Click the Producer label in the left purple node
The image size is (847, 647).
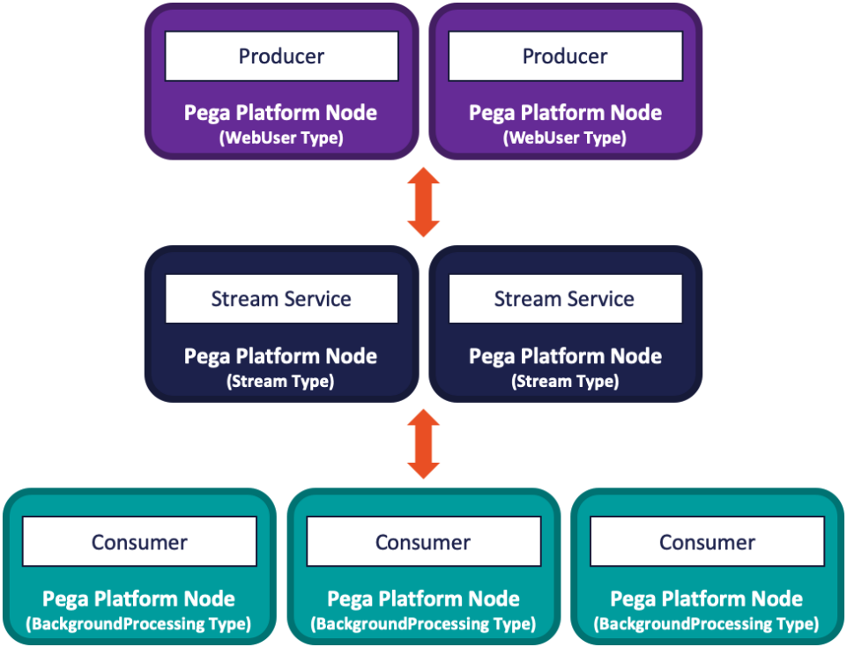[x=281, y=56]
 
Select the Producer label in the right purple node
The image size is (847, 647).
[x=565, y=56]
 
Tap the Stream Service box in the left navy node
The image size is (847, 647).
[x=281, y=299]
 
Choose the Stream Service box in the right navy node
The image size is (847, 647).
[x=565, y=299]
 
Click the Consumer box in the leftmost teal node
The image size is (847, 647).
[x=139, y=542]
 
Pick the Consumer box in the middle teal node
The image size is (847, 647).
[x=423, y=542]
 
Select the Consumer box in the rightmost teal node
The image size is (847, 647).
[x=707, y=542]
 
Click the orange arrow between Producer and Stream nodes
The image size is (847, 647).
[x=423, y=202]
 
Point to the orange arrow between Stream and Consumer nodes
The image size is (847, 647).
[x=423, y=444]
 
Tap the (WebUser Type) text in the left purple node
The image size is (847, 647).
[x=280, y=138]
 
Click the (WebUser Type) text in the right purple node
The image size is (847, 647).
[x=565, y=138]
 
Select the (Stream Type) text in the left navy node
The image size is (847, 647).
[x=280, y=382]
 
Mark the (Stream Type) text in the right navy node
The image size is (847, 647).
[x=565, y=382]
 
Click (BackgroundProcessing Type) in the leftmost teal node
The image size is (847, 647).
[x=138, y=624]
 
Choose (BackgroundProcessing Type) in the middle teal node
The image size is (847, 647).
[x=423, y=624]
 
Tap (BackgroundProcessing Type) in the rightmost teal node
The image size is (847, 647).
[x=707, y=624]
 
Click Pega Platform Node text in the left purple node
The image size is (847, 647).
[x=280, y=113]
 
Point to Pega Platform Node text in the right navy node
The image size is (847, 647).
[x=565, y=356]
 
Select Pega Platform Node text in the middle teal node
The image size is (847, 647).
[x=423, y=599]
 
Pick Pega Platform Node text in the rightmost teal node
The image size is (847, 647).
[x=707, y=599]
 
